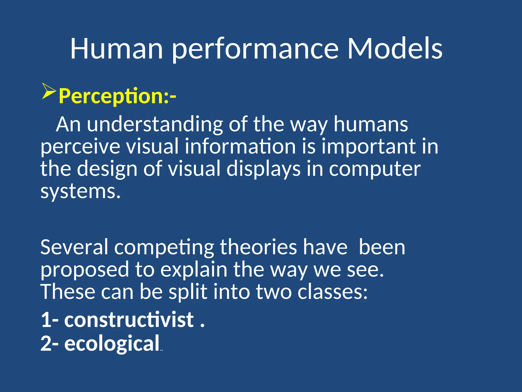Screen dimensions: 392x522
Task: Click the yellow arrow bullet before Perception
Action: (x=49, y=91)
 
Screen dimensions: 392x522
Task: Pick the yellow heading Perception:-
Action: (x=117, y=96)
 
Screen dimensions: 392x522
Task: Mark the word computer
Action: (x=374, y=170)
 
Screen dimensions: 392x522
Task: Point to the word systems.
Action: (x=80, y=192)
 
